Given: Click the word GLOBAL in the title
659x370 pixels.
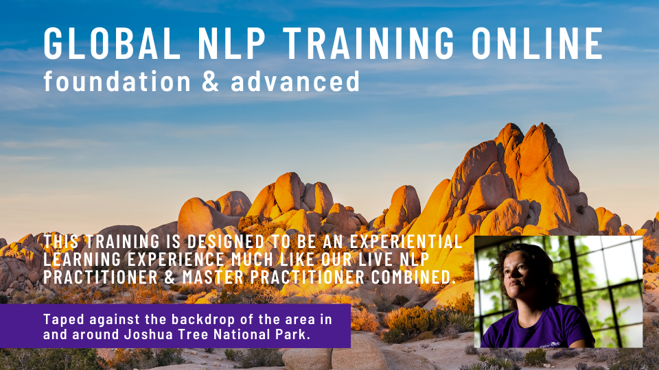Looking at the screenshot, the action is tap(112, 42).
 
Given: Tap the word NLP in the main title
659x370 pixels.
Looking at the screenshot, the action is tap(231, 42).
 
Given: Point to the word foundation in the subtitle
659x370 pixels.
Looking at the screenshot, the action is tap(117, 81).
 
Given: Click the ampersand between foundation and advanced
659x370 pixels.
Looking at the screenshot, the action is tap(211, 82).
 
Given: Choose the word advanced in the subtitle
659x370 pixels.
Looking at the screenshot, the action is tap(295, 81).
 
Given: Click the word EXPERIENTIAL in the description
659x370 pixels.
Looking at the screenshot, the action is tap(406, 242).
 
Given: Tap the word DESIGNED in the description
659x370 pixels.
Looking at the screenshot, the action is tap(226, 242).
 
